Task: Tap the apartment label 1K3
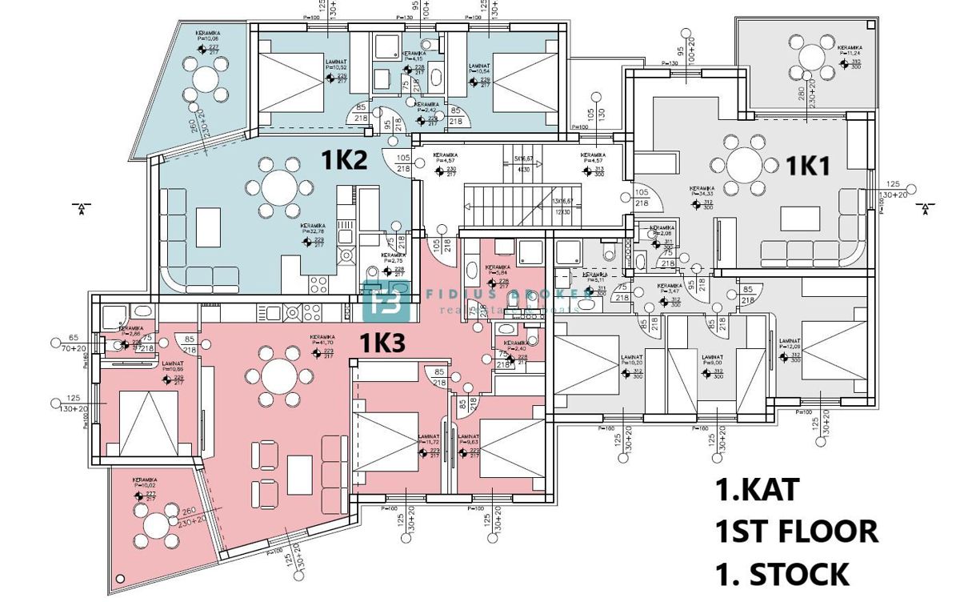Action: [x=382, y=343]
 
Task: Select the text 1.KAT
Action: [x=755, y=489]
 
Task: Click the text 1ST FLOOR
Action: [x=795, y=531]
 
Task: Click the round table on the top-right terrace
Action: [x=811, y=57]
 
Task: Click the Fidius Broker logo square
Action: [x=386, y=303]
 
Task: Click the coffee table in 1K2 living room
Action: [x=210, y=227]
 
